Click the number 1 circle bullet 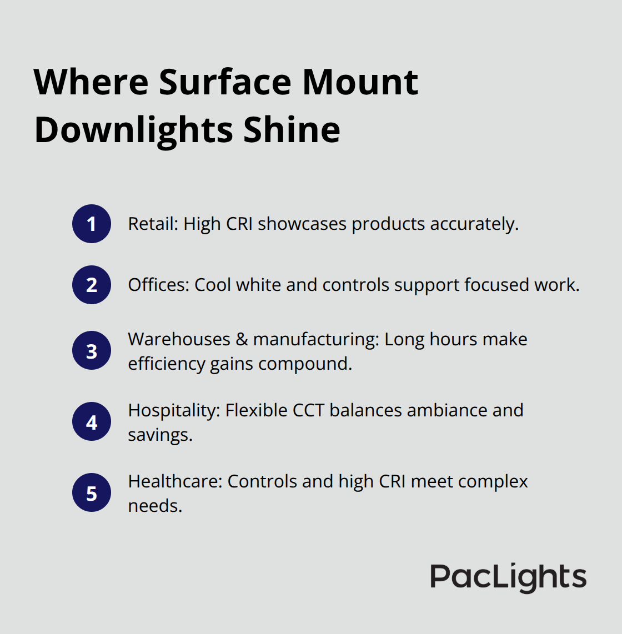click(92, 224)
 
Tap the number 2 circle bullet click(92, 285)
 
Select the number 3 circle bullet click(92, 351)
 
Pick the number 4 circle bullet click(92, 422)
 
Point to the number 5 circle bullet click(92, 493)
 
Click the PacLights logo click(508, 577)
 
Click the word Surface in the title click(225, 83)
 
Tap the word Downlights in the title click(134, 130)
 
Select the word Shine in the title click(292, 130)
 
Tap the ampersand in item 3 click(242, 339)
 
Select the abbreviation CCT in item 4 click(308, 410)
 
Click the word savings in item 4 click(159, 435)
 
